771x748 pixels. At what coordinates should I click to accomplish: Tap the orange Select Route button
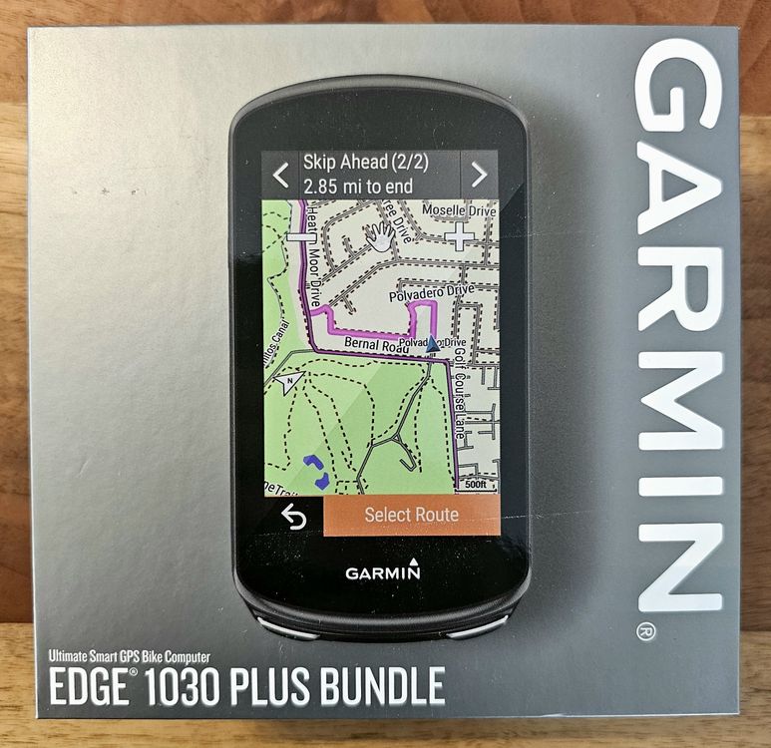click(x=411, y=515)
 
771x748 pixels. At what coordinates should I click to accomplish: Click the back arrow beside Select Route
click(x=292, y=517)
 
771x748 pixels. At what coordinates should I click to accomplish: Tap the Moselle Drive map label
click(x=459, y=211)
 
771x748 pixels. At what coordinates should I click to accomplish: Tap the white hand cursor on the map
click(x=380, y=236)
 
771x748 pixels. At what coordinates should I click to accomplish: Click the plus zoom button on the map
click(x=459, y=237)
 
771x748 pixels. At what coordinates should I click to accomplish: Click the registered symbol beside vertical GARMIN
click(x=646, y=631)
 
